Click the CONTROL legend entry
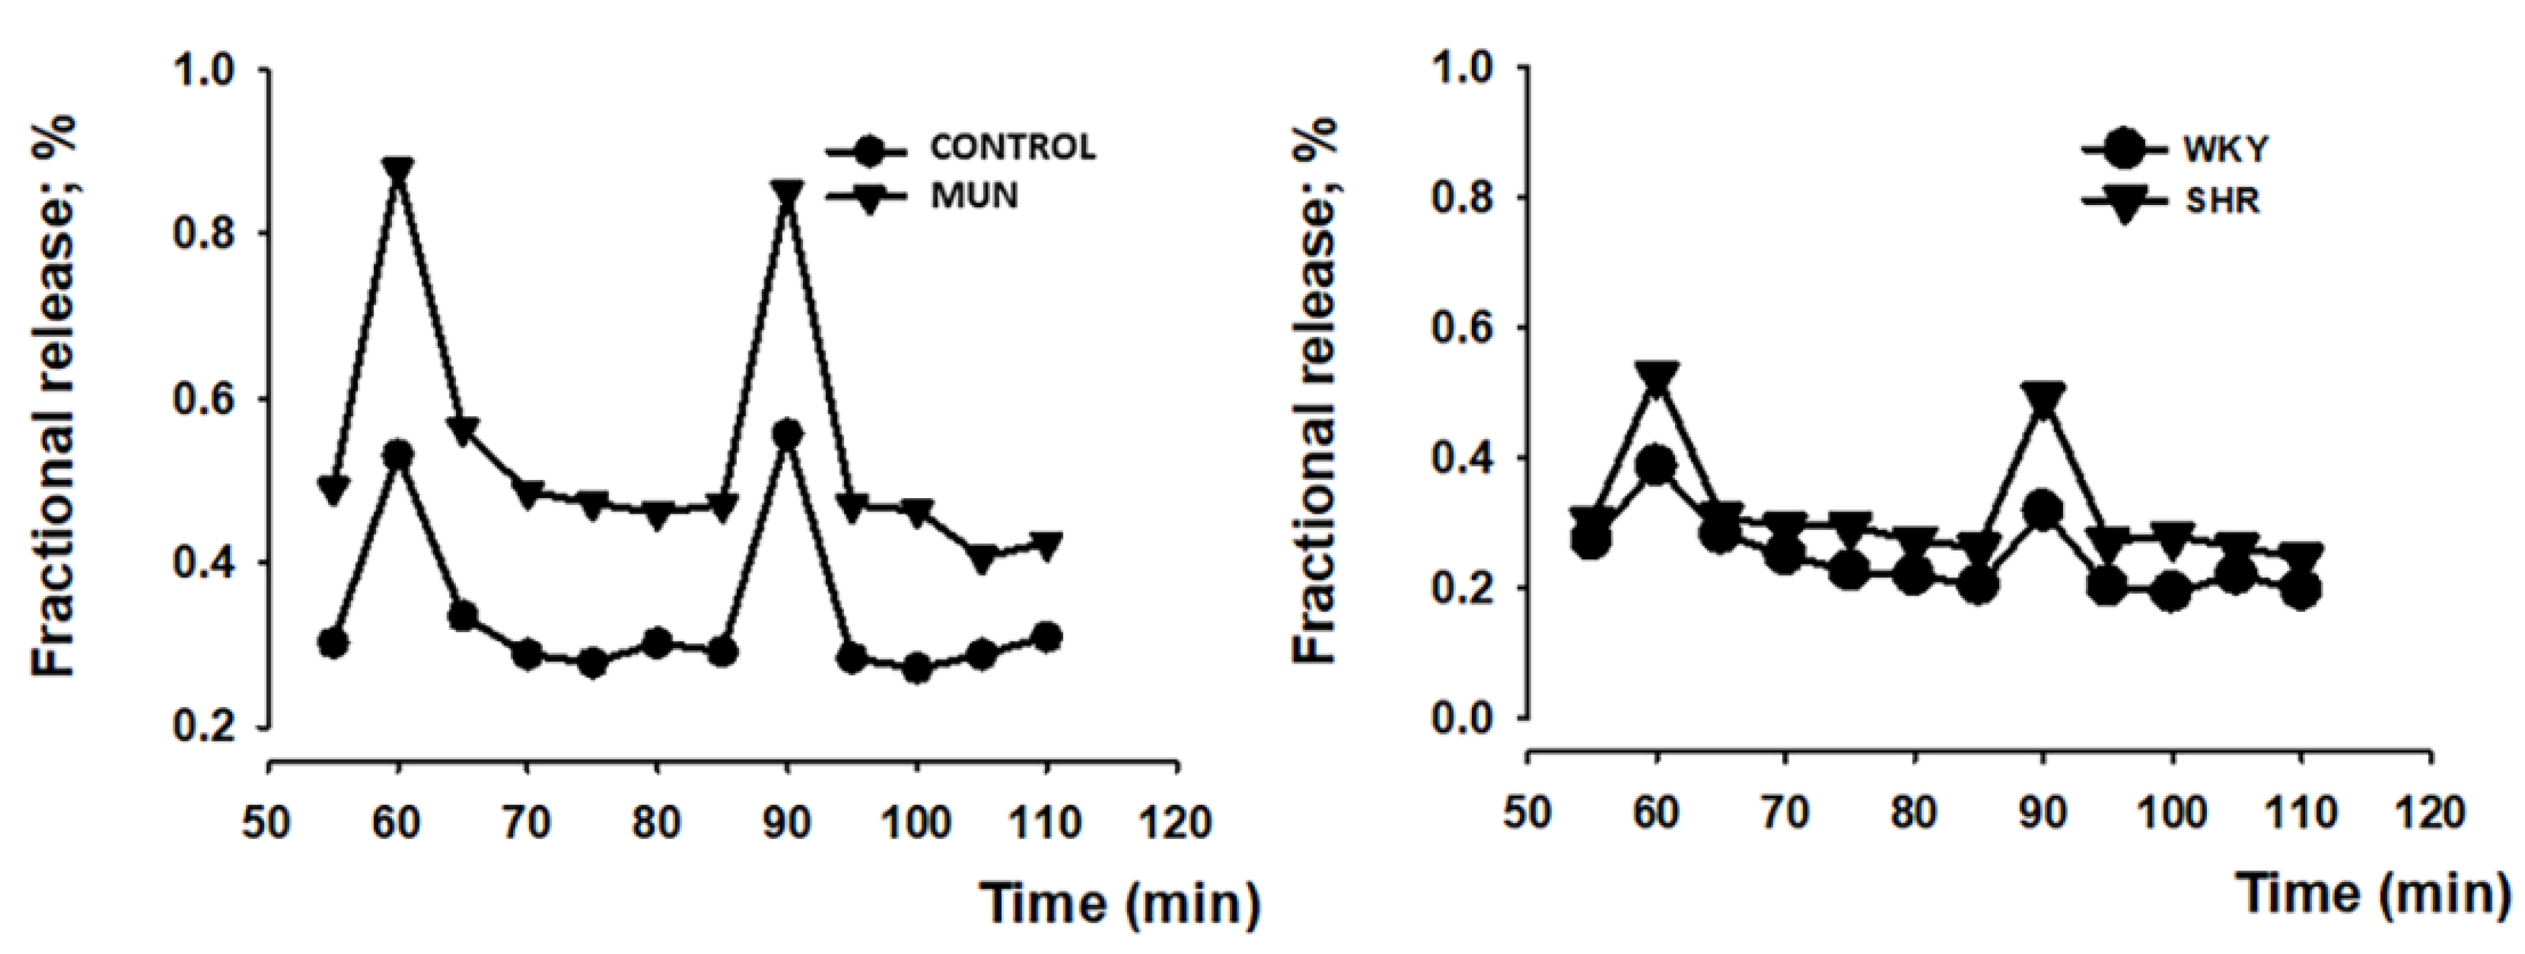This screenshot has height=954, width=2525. pyautogui.click(x=1011, y=148)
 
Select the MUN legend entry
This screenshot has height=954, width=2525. pyautogui.click(x=973, y=196)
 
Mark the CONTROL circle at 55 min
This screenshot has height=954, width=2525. pyautogui.click(x=334, y=643)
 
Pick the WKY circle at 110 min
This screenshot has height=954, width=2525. pyautogui.click(x=2302, y=590)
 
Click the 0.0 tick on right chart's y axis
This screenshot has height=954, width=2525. pyautogui.click(x=1467, y=719)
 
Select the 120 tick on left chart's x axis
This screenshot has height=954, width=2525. pyautogui.click(x=1176, y=822)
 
